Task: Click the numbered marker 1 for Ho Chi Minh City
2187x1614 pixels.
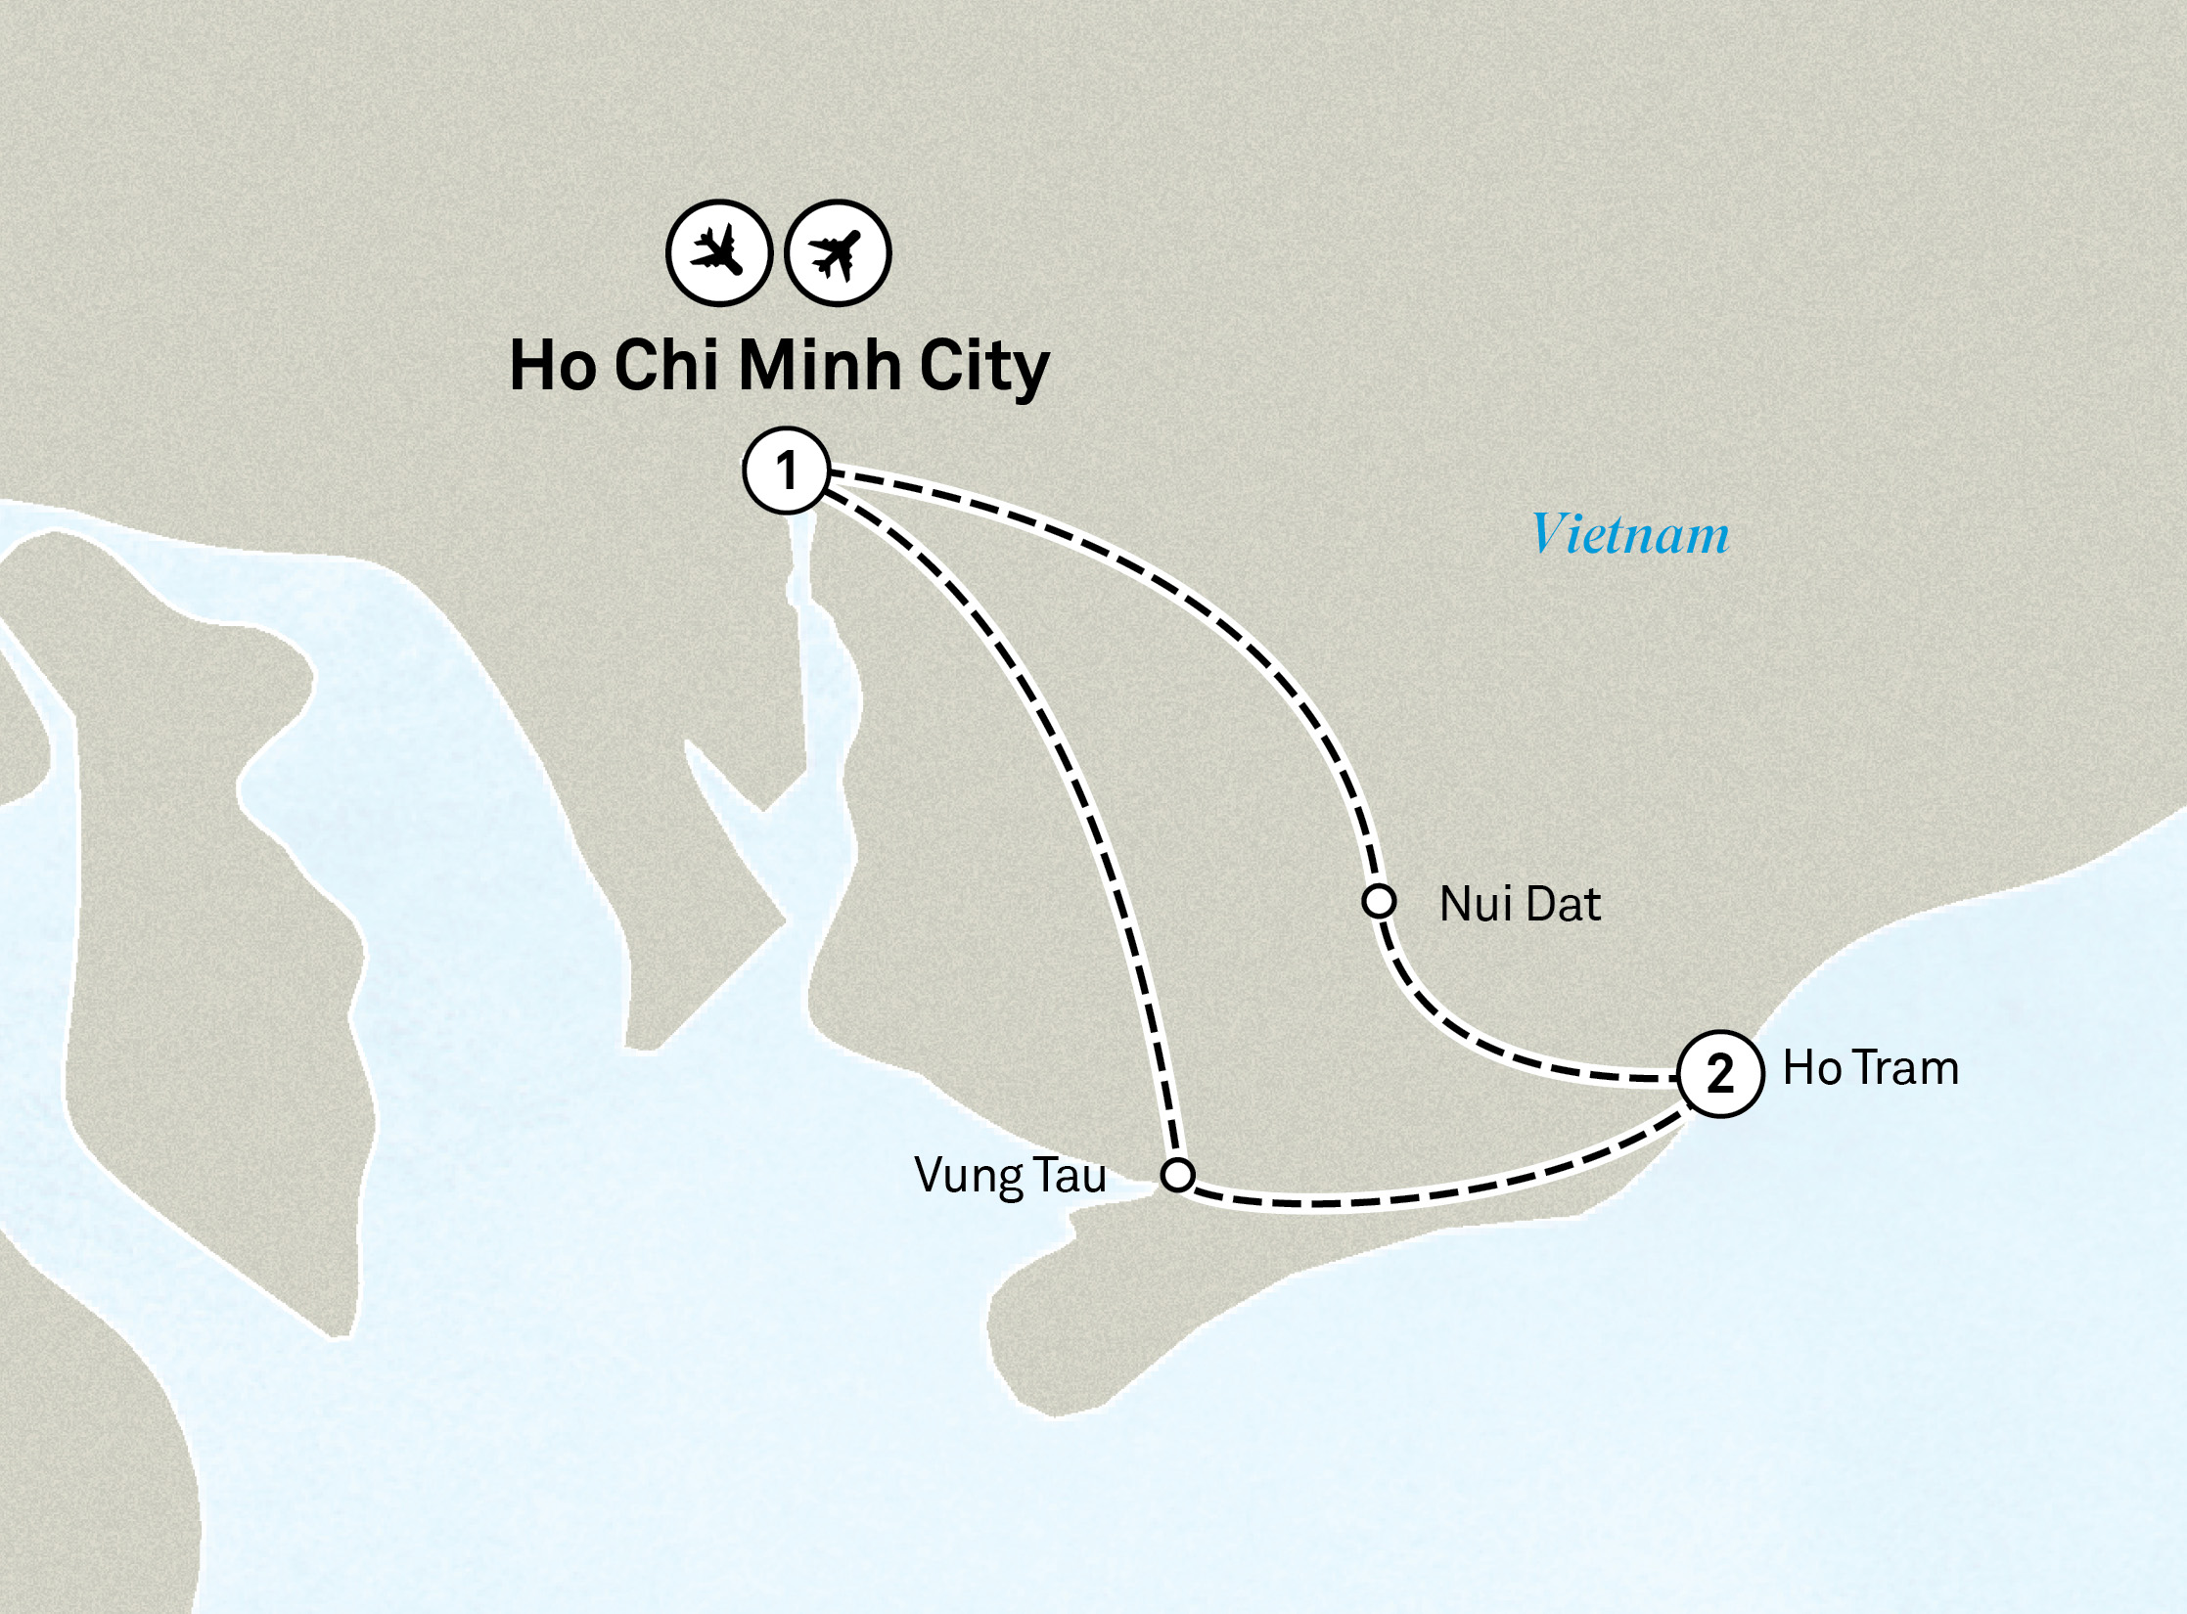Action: (x=786, y=471)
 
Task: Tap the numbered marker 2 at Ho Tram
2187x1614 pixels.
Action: (x=1720, y=1074)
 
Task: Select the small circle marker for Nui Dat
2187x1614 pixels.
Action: (x=1379, y=901)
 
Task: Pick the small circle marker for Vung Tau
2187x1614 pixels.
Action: (x=1177, y=1174)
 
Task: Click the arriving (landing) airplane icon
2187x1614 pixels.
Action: (x=719, y=253)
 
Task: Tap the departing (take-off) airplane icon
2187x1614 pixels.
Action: (x=838, y=253)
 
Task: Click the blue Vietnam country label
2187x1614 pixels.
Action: (x=1630, y=534)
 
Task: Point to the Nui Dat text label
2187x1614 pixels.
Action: (x=1520, y=904)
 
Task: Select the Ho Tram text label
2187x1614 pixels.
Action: (x=1870, y=1068)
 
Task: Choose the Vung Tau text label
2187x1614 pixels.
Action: (x=1010, y=1176)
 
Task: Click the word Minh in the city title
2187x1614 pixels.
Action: (x=819, y=366)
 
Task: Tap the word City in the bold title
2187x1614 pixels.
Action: (x=984, y=368)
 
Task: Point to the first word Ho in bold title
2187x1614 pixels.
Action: (x=553, y=366)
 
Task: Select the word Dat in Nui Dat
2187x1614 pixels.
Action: (x=1563, y=904)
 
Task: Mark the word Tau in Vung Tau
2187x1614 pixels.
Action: (x=1071, y=1175)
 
